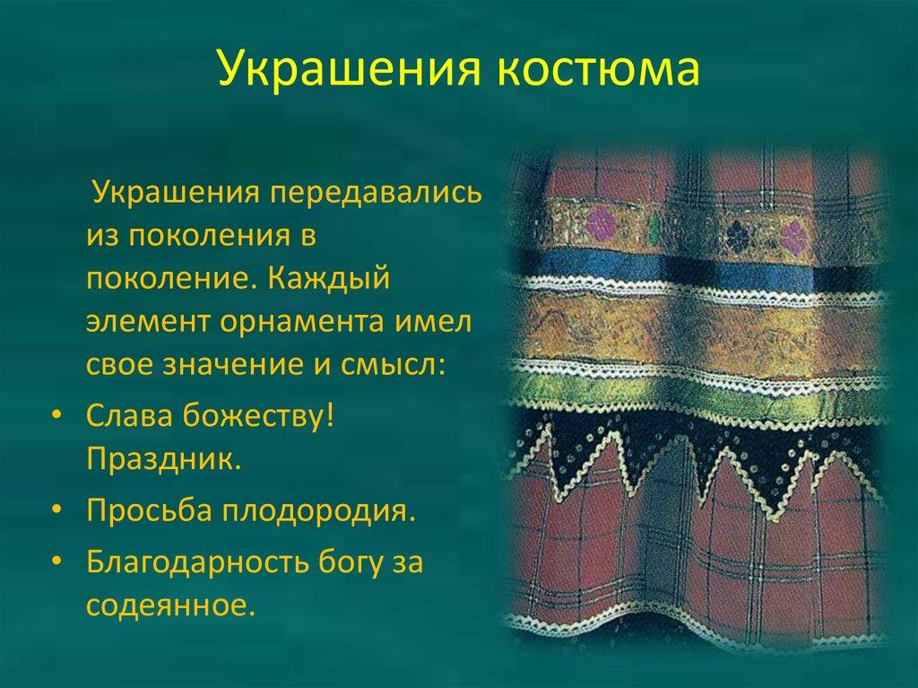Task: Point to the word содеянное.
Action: click(x=165, y=605)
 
